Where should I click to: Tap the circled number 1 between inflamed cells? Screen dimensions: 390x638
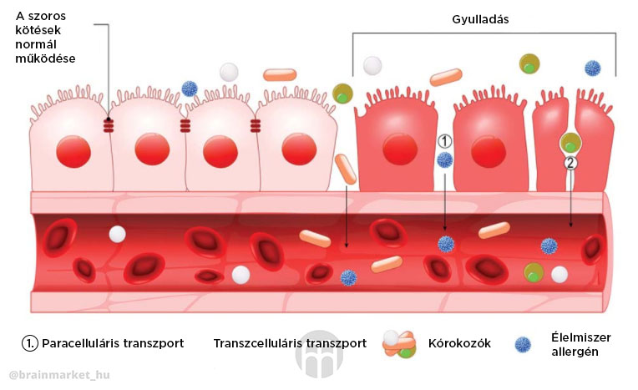coord(445,141)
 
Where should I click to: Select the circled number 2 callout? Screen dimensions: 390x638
coord(570,163)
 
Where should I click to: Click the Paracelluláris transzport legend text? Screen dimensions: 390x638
coord(102,343)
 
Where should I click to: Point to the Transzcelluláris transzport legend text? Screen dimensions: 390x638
coord(290,343)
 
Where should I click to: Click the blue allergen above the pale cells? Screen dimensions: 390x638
coord(190,89)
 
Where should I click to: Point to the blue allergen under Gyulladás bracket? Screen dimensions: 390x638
coord(593,68)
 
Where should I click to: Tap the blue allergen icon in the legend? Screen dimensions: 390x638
coord(524,344)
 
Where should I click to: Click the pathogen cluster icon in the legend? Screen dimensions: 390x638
coord(398,344)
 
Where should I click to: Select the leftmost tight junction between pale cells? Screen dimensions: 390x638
coord(109,126)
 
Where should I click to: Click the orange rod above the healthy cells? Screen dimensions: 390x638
coord(280,75)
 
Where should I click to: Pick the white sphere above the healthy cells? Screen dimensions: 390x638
coord(229,72)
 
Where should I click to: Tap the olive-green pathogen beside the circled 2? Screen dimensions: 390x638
coord(570,143)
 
